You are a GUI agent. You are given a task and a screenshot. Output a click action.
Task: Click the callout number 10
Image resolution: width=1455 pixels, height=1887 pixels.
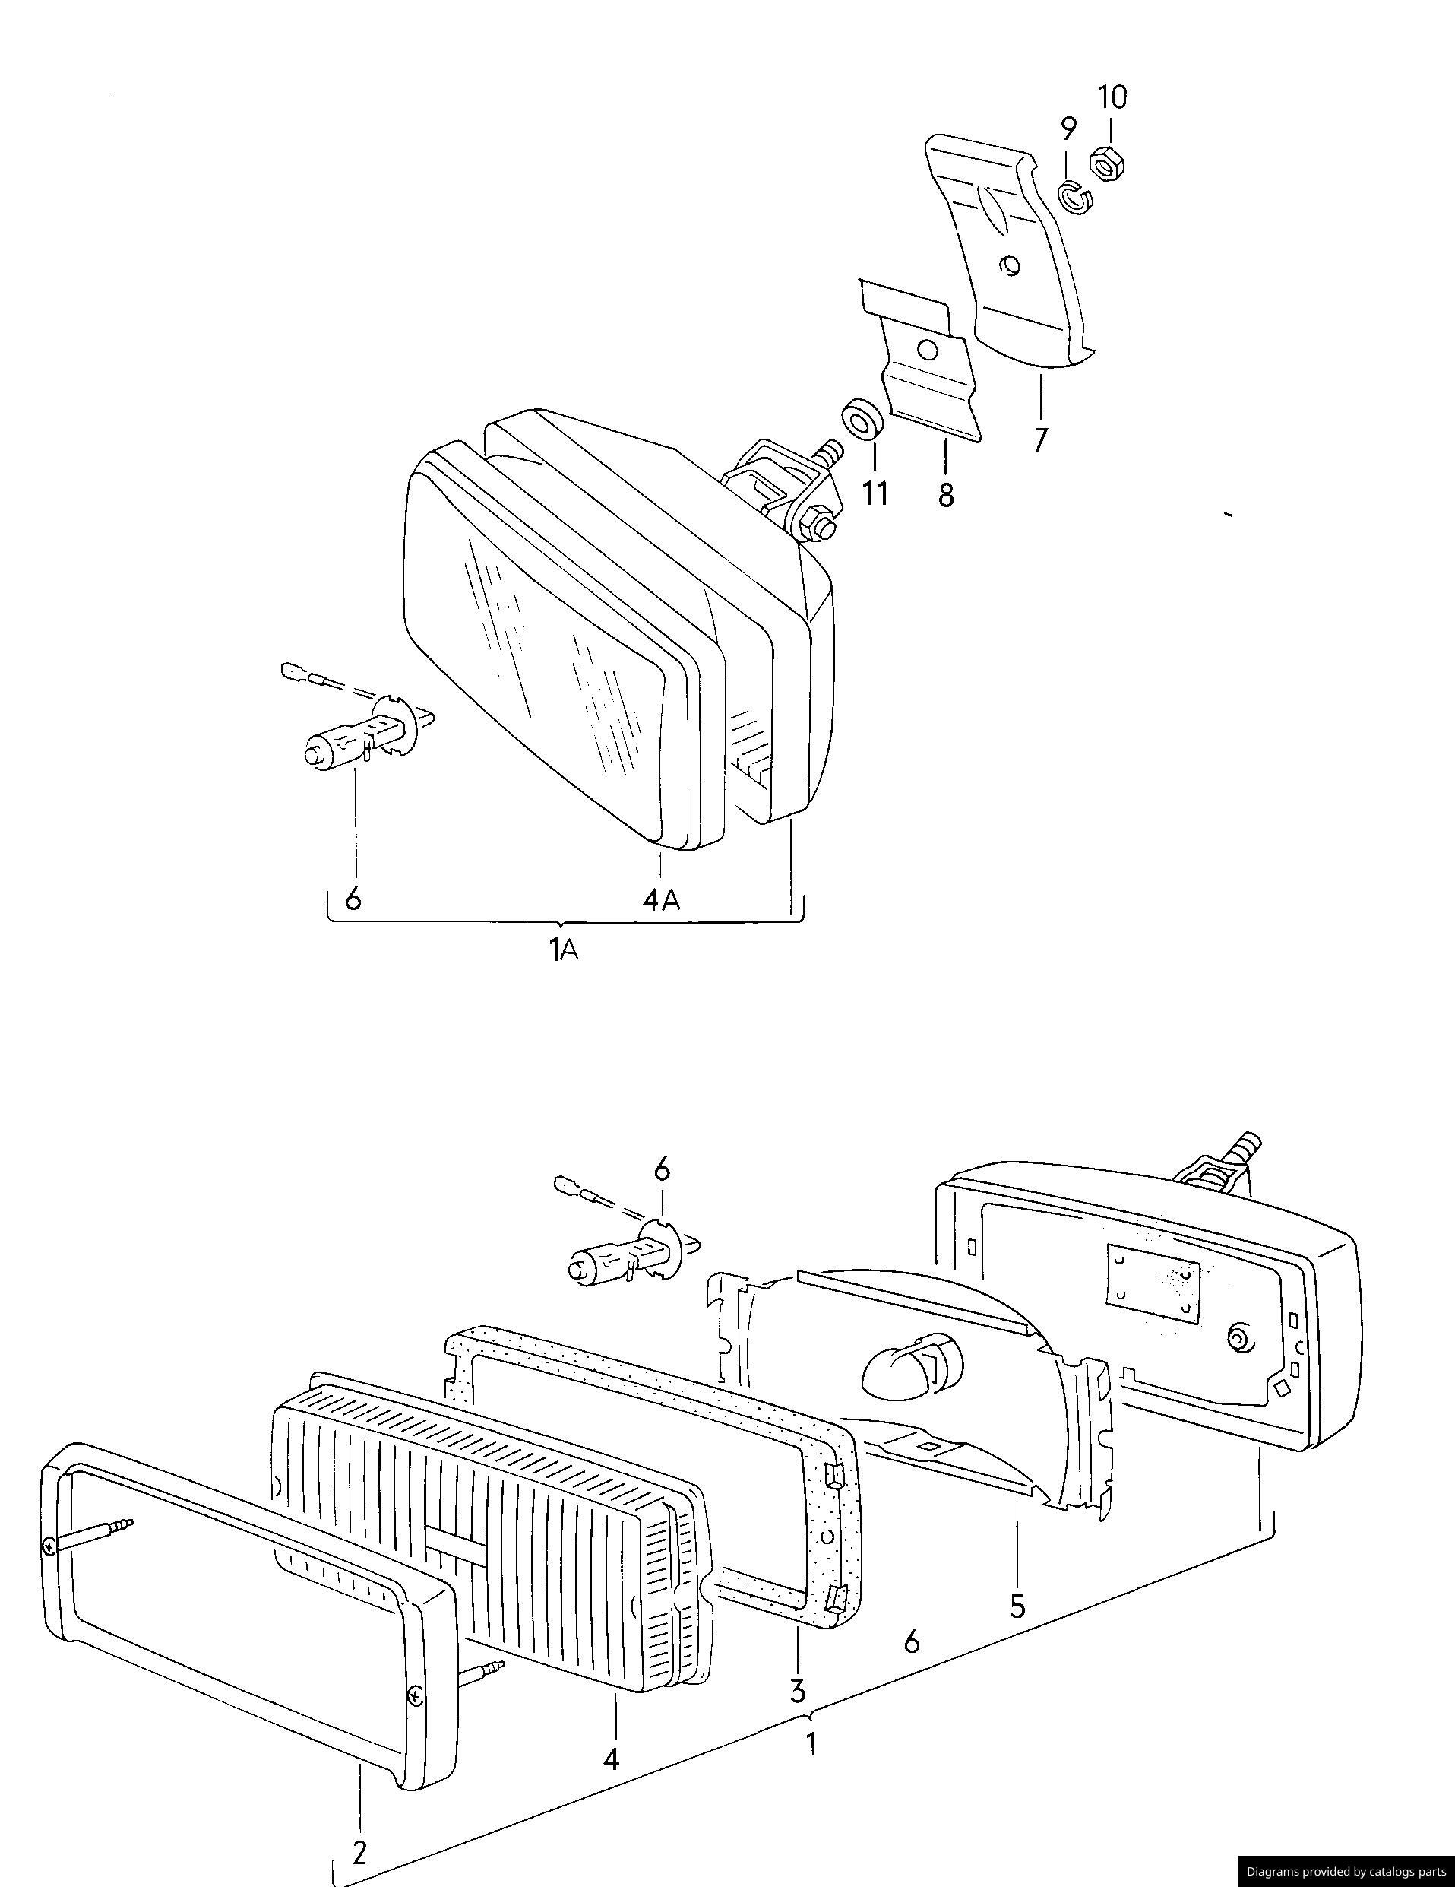tap(1112, 97)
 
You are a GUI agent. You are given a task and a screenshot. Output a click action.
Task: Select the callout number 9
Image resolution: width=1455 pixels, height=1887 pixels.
tap(1069, 128)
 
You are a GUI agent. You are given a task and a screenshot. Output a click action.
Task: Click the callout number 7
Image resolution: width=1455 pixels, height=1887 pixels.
tap(1040, 438)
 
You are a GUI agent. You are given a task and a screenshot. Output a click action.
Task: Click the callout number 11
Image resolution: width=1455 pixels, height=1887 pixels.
tap(874, 493)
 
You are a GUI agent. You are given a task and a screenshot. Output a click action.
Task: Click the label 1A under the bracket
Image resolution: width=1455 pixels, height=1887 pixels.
tap(564, 950)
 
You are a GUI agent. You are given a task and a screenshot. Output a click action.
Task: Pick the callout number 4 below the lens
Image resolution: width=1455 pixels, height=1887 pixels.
tap(612, 1759)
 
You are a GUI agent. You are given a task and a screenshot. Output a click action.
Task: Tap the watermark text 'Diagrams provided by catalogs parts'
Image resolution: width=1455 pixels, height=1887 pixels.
tap(1346, 1872)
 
